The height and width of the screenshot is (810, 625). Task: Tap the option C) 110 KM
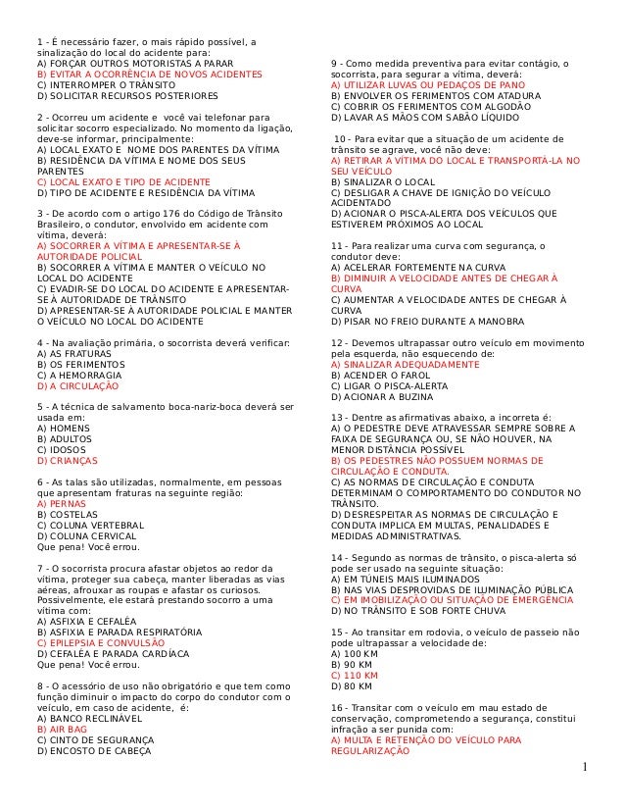coord(350,676)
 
